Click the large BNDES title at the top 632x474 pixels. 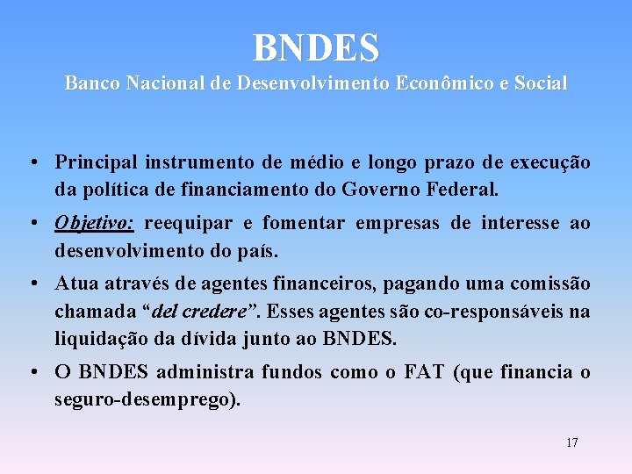(x=316, y=47)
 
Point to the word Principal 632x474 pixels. (x=97, y=162)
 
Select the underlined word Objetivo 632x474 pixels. (x=94, y=224)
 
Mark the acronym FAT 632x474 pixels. (x=425, y=372)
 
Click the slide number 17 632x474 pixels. (x=571, y=442)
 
